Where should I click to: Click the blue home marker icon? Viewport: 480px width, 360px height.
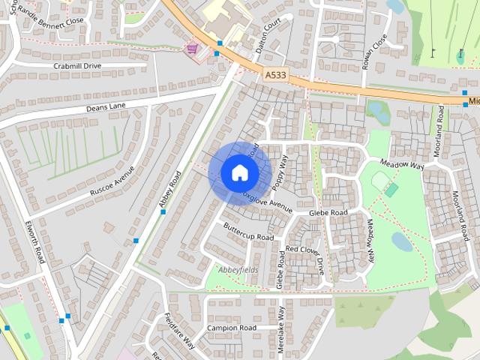(x=239, y=172)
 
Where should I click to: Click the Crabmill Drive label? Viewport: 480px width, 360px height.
(x=77, y=66)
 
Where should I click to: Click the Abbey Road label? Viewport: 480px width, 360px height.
(x=171, y=191)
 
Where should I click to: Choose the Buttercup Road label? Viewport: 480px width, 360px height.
(x=249, y=232)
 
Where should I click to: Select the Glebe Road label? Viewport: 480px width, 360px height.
(x=329, y=213)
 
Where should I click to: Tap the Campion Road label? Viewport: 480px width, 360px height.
(x=232, y=328)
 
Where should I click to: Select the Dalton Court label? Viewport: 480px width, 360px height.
(x=270, y=33)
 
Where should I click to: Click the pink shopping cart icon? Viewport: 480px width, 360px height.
(x=193, y=49)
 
